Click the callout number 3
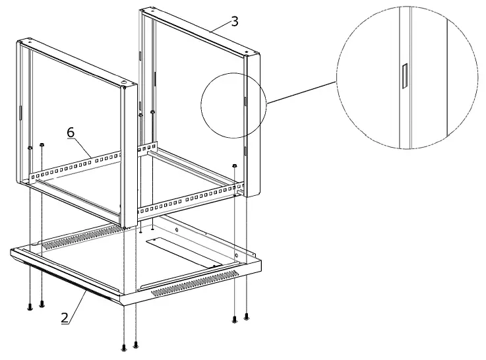click(x=234, y=21)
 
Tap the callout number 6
click(x=71, y=133)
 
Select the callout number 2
click(x=65, y=317)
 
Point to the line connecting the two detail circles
click(x=300, y=92)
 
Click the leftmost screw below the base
click(x=30, y=306)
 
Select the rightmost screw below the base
click(x=247, y=316)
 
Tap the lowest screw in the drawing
click(x=124, y=347)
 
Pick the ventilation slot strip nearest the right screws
click(x=195, y=282)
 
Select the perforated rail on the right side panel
click(x=191, y=199)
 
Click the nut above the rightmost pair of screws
click(x=235, y=165)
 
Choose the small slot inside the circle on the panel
click(x=244, y=102)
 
